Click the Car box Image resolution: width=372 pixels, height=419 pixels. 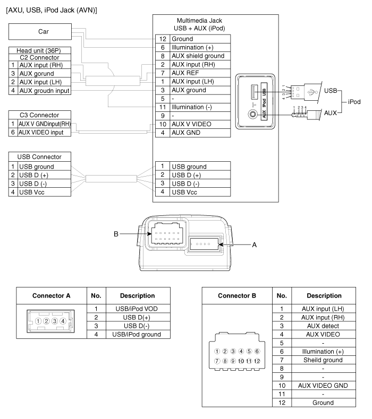[x=40, y=31]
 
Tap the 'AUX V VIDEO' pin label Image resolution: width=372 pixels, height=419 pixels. [x=191, y=124]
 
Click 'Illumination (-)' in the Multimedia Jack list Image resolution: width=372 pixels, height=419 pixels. [x=192, y=107]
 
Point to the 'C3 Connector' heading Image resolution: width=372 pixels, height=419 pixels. [x=39, y=115]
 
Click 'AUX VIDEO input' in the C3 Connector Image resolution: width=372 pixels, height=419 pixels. [x=41, y=133]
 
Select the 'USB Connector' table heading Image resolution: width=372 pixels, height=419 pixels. [x=39, y=157]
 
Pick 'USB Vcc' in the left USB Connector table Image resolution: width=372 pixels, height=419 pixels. [x=31, y=192]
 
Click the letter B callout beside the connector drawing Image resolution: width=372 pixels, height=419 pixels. [x=116, y=234]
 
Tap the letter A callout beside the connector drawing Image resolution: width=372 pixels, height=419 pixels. [x=255, y=245]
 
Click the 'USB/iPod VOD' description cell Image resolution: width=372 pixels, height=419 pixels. [x=137, y=309]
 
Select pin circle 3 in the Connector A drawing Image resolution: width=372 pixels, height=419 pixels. [x=55, y=321]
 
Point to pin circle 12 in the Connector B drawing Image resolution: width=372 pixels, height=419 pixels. [x=257, y=361]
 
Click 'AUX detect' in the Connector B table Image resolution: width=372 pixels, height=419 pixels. [x=323, y=326]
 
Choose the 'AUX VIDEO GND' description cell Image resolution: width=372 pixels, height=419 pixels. [x=323, y=386]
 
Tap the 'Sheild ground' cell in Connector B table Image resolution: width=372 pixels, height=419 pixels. [x=323, y=360]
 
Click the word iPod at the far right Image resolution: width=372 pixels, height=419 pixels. [x=354, y=102]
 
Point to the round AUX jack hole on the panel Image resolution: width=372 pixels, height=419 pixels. [x=252, y=115]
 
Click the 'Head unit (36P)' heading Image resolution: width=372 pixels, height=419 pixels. [x=39, y=50]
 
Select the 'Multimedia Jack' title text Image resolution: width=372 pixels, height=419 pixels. [x=199, y=21]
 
